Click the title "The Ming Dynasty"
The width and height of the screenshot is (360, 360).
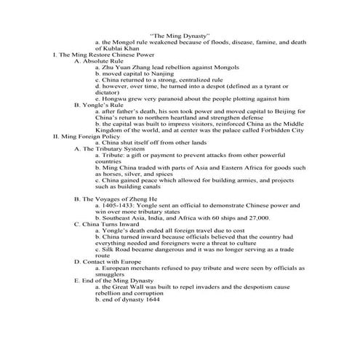coord(180,34)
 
